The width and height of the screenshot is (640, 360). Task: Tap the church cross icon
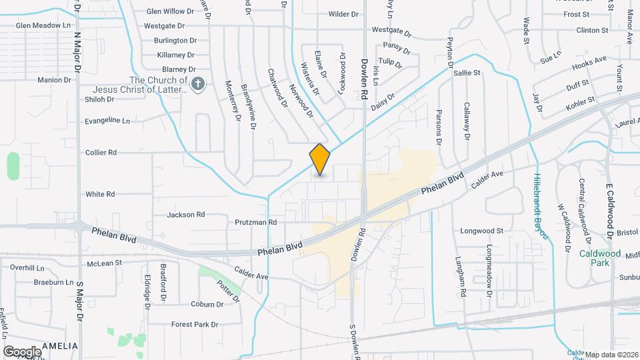coord(197,84)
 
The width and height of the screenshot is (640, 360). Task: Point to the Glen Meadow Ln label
coord(43,25)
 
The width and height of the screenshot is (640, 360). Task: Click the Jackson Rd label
coord(186,215)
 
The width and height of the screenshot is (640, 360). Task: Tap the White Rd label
coord(100,194)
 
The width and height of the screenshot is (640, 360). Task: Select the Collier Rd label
coord(101,153)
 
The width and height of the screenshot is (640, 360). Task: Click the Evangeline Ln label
coord(107,121)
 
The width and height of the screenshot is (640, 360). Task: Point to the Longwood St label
coord(481,231)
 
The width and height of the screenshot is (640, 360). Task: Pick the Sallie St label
coord(467,73)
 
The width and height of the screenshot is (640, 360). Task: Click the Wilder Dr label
coord(344,13)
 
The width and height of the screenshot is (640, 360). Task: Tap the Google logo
coord(22,351)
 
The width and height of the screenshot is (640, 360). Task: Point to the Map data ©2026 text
coord(611,354)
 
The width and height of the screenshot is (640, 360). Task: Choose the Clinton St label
coord(592,31)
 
